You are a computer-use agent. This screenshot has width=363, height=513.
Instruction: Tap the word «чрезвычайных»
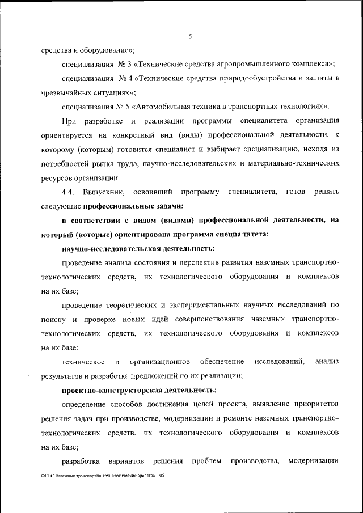click(x=66, y=92)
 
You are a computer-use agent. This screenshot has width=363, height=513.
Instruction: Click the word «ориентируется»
click(x=69, y=136)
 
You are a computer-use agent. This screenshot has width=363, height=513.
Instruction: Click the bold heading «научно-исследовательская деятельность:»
click(x=138, y=248)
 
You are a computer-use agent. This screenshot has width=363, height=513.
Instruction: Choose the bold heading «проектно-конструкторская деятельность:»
click(x=139, y=390)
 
